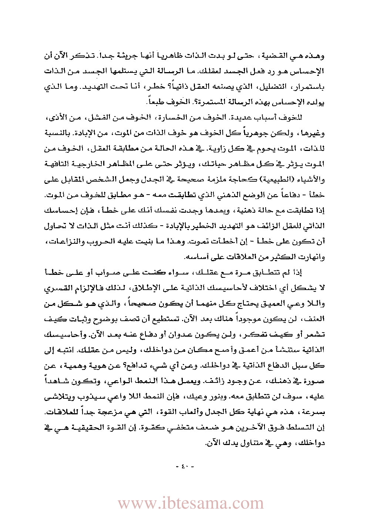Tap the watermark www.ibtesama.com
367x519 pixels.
(x=191, y=503)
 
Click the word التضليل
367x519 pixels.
(x=267, y=87)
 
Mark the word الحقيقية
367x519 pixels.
(x=98, y=428)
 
